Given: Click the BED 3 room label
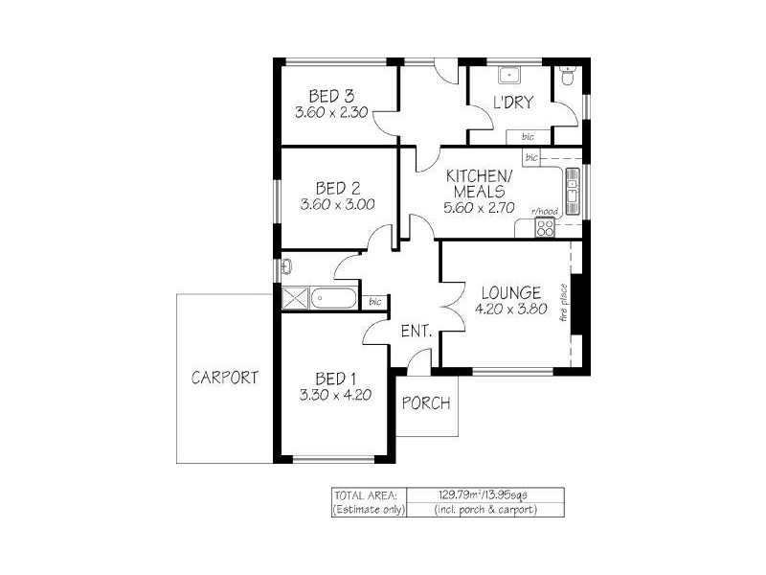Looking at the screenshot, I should coord(331,95).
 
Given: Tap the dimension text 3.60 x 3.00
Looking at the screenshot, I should coord(336,204).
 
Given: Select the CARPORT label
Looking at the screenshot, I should coord(225,378).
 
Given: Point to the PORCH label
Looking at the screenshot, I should coord(425,403).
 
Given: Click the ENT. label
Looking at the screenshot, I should coord(417,333).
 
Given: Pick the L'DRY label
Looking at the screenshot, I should coord(512,103).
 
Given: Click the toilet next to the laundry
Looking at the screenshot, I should coord(569,79).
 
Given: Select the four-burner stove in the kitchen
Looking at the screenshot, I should coord(545,228).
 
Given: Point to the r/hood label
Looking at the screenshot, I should coord(546,211).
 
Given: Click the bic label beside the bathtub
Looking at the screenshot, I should coord(375,303).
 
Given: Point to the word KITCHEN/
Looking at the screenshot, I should coord(479,176).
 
